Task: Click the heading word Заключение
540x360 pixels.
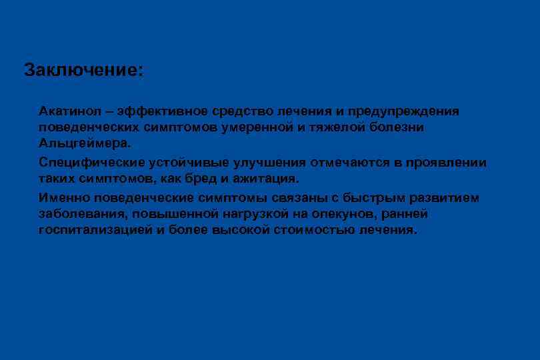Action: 83,70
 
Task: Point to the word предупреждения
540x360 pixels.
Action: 408,110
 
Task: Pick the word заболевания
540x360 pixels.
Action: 82,215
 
